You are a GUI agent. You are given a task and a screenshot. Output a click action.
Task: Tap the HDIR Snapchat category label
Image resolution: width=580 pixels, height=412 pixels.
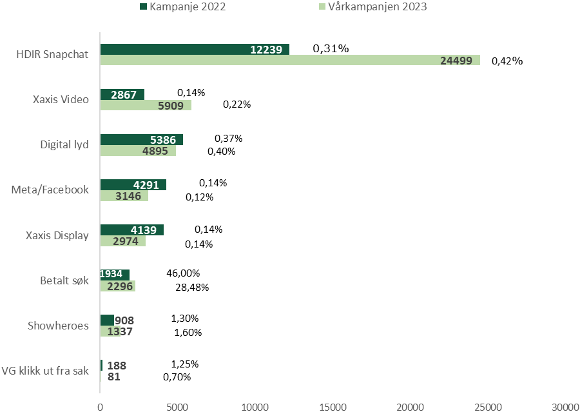pos(52,55)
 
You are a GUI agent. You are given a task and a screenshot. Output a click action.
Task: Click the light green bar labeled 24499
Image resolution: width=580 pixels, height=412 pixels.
pos(290,61)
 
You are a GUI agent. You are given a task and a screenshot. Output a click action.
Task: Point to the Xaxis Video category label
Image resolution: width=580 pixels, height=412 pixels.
pos(61,99)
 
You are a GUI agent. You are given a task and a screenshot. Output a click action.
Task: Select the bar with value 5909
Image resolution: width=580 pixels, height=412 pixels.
pos(146,105)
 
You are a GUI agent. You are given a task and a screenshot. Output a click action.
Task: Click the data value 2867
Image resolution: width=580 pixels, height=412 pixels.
pos(124,94)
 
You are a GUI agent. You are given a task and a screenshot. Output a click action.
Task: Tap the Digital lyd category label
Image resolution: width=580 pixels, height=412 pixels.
pos(64,144)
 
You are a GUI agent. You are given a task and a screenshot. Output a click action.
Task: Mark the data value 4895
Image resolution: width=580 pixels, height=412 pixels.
pos(155,151)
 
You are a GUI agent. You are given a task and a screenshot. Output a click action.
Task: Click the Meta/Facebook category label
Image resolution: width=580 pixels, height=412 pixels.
pos(50,190)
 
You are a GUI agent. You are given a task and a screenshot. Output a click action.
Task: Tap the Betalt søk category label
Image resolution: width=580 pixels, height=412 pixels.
pos(64,280)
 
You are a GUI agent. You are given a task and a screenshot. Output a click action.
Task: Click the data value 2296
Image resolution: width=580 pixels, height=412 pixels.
pos(121,286)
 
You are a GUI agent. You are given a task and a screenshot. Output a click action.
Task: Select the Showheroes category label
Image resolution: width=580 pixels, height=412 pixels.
pos(58,326)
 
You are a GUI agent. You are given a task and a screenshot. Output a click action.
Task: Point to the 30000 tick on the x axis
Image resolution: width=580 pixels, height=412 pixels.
pos(565,407)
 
